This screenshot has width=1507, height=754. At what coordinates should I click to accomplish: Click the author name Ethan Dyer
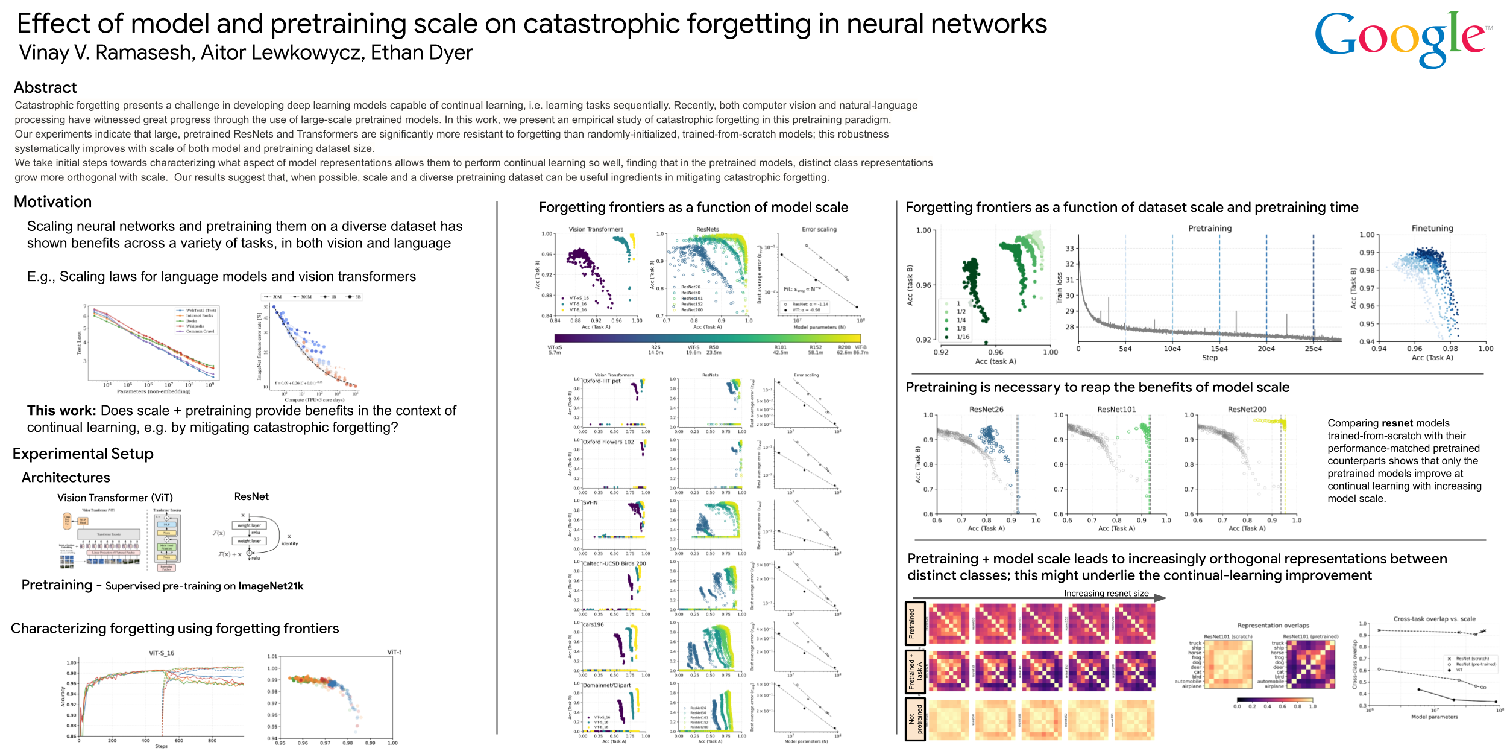click(x=421, y=53)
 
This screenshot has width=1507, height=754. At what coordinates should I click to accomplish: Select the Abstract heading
click(x=45, y=88)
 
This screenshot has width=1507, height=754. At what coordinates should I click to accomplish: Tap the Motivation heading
click(x=53, y=202)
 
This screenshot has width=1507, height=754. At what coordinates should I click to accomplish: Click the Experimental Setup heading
click(x=83, y=454)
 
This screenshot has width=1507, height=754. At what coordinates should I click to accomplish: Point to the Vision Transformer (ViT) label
click(x=115, y=498)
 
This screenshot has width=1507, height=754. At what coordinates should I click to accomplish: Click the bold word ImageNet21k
click(x=271, y=586)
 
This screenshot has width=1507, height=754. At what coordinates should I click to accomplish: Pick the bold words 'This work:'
click(x=61, y=411)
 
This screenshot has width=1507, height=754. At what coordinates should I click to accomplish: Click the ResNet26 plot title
click(x=986, y=410)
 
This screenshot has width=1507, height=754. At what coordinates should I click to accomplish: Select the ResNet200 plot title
click(x=1247, y=410)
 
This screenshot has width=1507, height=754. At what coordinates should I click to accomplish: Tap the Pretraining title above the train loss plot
click(x=1209, y=229)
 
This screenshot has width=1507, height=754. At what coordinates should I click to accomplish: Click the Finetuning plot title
click(x=1432, y=229)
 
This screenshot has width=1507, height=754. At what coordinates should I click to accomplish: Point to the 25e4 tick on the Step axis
click(x=1313, y=349)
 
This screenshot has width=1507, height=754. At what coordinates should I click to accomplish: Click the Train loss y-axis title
click(x=1060, y=287)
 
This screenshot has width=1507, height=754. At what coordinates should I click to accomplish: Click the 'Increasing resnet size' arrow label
click(x=1106, y=594)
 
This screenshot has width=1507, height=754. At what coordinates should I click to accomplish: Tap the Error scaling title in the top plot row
click(x=819, y=229)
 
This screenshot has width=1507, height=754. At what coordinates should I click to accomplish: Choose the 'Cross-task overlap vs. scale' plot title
click(x=1434, y=619)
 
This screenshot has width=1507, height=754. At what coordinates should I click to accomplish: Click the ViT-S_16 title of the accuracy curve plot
click(x=162, y=653)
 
